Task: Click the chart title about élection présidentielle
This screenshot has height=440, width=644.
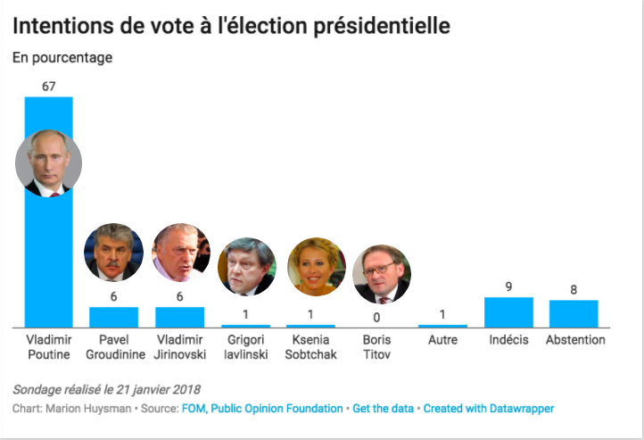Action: pyautogui.click(x=231, y=27)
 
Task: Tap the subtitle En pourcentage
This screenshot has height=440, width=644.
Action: pyautogui.click(x=62, y=58)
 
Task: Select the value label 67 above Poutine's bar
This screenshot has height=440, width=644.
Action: pyautogui.click(x=49, y=86)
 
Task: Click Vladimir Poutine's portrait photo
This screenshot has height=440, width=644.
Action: pyautogui.click(x=49, y=163)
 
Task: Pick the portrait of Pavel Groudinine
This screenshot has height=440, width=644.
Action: pyautogui.click(x=113, y=253)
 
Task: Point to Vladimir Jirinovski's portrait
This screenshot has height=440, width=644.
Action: pyautogui.click(x=180, y=253)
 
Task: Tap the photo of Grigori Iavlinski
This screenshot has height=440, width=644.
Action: pyautogui.click(x=246, y=266)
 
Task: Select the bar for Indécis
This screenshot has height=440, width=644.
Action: pyautogui.click(x=508, y=312)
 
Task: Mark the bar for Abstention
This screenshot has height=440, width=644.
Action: pyautogui.click(x=574, y=314)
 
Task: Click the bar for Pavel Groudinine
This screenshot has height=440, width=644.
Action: pyautogui.click(x=113, y=317)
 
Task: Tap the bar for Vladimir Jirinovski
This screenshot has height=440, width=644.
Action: pyautogui.click(x=180, y=317)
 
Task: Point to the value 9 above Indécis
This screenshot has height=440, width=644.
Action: pyautogui.click(x=508, y=287)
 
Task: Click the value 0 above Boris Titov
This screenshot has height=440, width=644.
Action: pyautogui.click(x=376, y=316)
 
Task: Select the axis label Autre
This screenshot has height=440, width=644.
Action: pyautogui.click(x=442, y=340)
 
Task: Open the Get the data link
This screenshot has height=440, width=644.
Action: pyautogui.click(x=383, y=409)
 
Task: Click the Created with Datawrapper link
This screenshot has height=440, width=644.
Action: pyautogui.click(x=488, y=409)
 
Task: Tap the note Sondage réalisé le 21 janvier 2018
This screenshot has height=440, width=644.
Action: pyautogui.click(x=107, y=389)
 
